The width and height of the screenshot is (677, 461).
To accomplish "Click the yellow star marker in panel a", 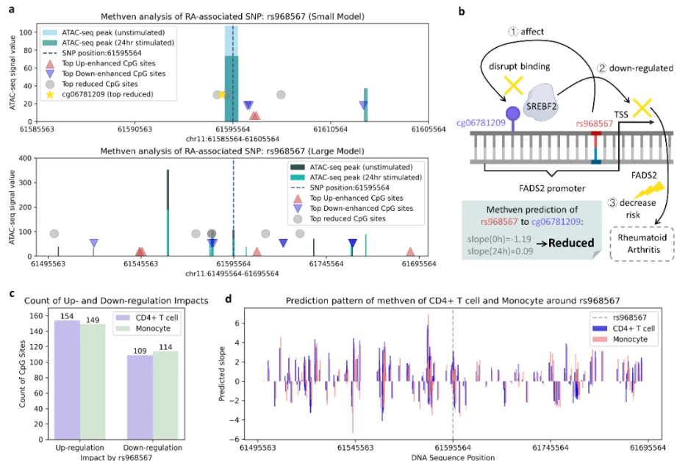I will [221, 95].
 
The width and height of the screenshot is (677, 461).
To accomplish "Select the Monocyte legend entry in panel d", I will [631, 340].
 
